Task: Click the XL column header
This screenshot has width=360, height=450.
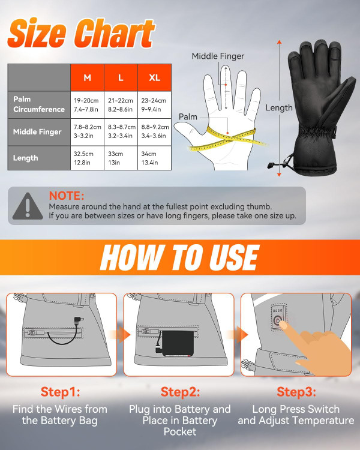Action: pyautogui.click(x=155, y=77)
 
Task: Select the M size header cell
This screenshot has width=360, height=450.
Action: pyautogui.click(x=87, y=77)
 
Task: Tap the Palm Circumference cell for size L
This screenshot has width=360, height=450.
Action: pyautogui.click(x=121, y=105)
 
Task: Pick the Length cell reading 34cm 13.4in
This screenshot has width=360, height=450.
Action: pyautogui.click(x=155, y=158)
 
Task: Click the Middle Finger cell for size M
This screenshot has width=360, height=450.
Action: pyautogui.click(x=87, y=131)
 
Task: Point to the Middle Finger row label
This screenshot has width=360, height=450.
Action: pyautogui.click(x=37, y=132)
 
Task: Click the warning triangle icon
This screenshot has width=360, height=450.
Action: pyautogui.click(x=28, y=206)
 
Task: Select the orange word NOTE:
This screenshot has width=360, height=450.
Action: pyautogui.click(x=67, y=196)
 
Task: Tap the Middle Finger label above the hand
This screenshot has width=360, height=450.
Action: pyautogui.click(x=218, y=56)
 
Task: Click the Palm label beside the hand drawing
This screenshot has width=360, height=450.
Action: pyautogui.click(x=188, y=117)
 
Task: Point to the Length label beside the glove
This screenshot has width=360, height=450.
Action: pyautogui.click(x=279, y=107)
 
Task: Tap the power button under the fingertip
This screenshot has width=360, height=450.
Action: pyautogui.click(x=277, y=320)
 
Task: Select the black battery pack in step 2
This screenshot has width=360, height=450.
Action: pyautogui.click(x=177, y=343)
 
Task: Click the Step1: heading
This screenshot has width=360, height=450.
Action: pyautogui.click(x=60, y=391)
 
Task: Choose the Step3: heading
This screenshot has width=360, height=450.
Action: pyautogui.click(x=296, y=391)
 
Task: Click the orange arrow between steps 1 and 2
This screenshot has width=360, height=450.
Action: pyautogui.click(x=120, y=335)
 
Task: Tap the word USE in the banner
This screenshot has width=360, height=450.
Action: pyautogui.click(x=234, y=257)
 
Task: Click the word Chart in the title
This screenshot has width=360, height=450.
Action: pyautogui.click(x=115, y=33)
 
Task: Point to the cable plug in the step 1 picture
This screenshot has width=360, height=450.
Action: pyautogui.click(x=78, y=320)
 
